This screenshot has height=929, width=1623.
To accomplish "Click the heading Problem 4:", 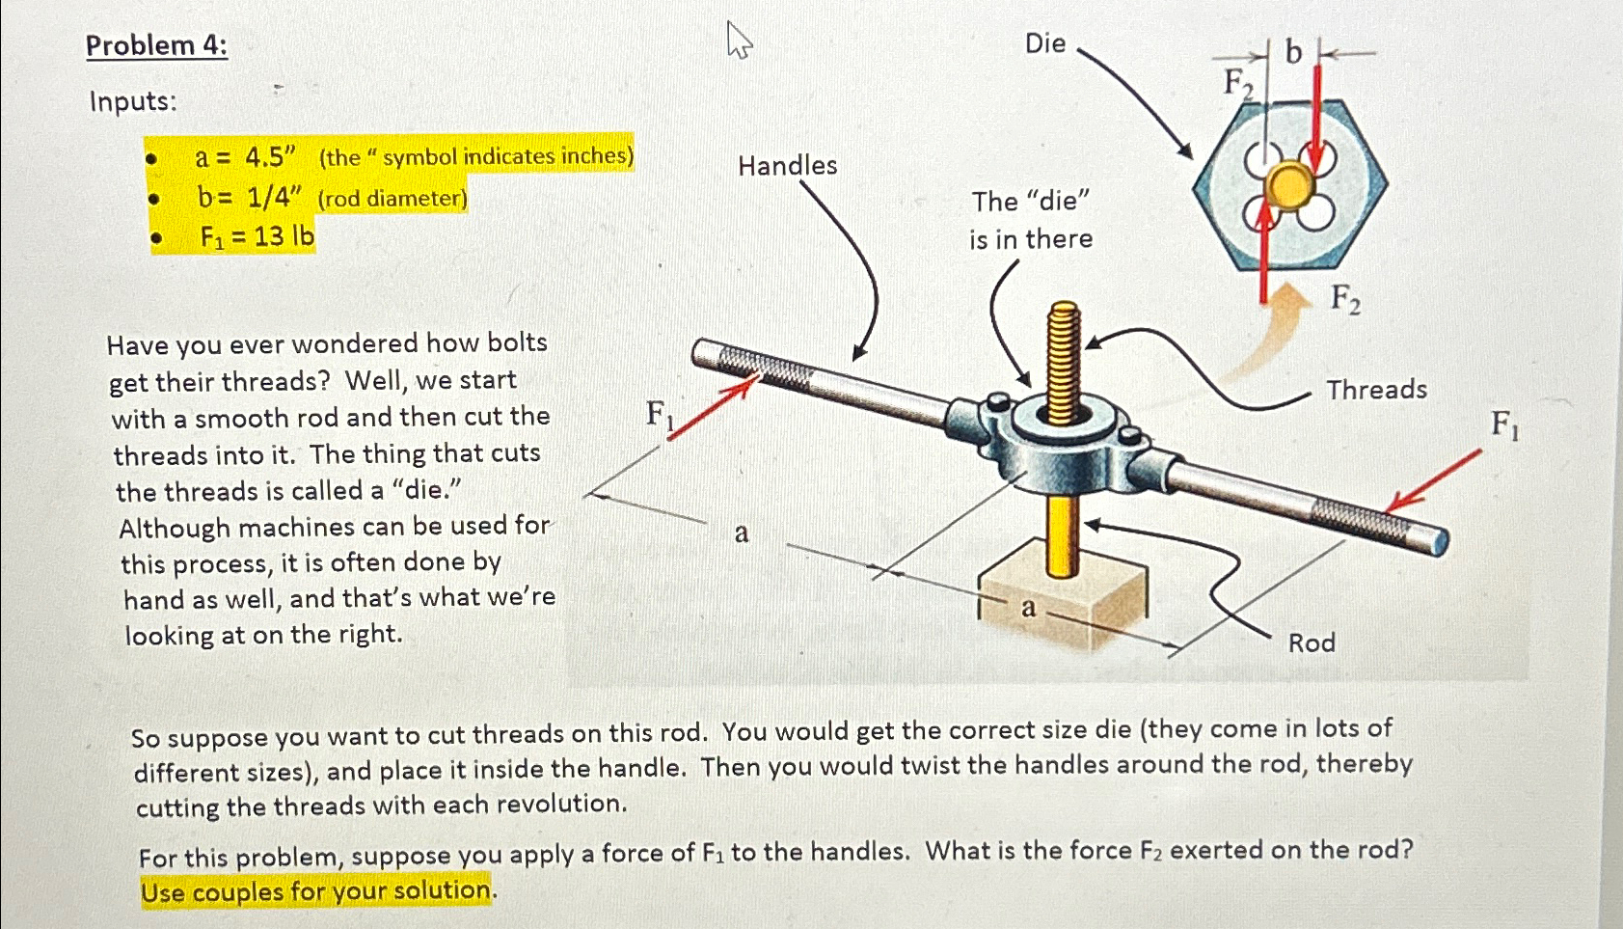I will point(156,45).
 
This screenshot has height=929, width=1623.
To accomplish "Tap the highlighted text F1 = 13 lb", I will point(257,236).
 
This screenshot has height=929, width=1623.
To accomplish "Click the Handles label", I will point(787,166).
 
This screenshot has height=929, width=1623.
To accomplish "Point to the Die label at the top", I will point(1044,43).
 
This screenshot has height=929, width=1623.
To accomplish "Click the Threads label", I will point(1375,390).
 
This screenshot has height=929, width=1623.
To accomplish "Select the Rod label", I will point(1311,642).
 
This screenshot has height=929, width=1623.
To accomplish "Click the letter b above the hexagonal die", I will point(1293,52).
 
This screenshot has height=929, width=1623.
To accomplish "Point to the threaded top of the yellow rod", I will point(1064,362).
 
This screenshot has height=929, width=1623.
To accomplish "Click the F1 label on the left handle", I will point(659,415).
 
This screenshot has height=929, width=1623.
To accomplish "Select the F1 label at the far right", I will point(1503,424).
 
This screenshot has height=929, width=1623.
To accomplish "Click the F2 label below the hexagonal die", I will point(1345,299).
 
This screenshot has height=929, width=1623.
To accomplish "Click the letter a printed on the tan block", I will point(1028,608).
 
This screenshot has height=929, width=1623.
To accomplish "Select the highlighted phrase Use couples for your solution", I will point(316,890).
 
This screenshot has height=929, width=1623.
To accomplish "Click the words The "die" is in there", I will point(1030,220).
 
